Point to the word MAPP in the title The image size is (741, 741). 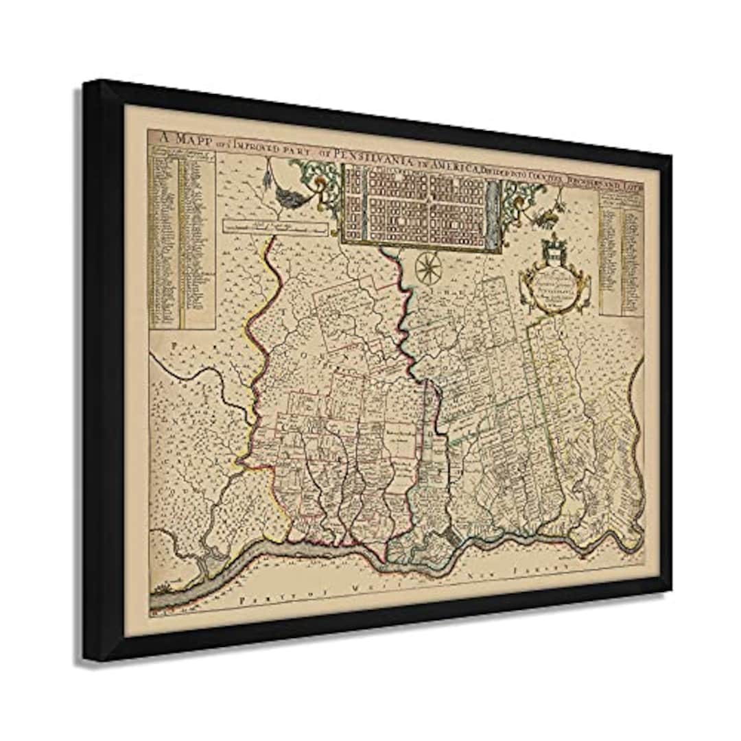coord(186,137)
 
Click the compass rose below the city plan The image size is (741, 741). coord(427,267)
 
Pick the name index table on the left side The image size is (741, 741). coord(181,237)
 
